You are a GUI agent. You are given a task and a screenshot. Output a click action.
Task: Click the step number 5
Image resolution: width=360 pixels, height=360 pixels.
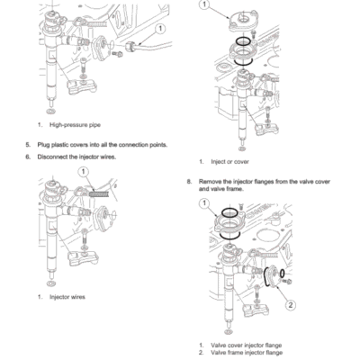point(27,144)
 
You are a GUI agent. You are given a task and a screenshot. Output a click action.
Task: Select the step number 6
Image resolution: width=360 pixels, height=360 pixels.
point(27,157)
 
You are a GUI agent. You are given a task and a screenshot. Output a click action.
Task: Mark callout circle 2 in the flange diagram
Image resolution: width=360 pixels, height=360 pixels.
point(290,304)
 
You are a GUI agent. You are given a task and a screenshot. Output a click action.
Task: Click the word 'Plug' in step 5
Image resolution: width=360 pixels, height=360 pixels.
point(44,144)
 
